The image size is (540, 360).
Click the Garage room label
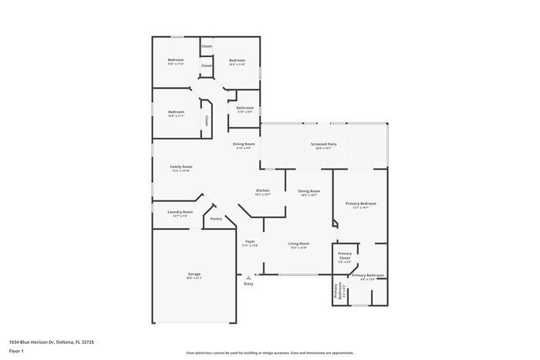click(194, 274)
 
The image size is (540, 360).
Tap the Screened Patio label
click(323, 144)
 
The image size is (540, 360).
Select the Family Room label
click(181, 167)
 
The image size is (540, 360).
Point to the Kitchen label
click(262, 190)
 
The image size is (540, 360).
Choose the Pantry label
click(216, 218)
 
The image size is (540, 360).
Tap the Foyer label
click(249, 242)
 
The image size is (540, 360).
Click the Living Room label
click(299, 244)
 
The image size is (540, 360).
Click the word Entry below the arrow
click(248, 284)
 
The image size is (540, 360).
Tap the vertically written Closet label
click(207, 120)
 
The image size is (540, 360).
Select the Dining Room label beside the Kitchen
click(309, 191)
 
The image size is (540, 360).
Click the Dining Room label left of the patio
click(244, 144)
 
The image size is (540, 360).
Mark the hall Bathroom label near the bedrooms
click(245, 108)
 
